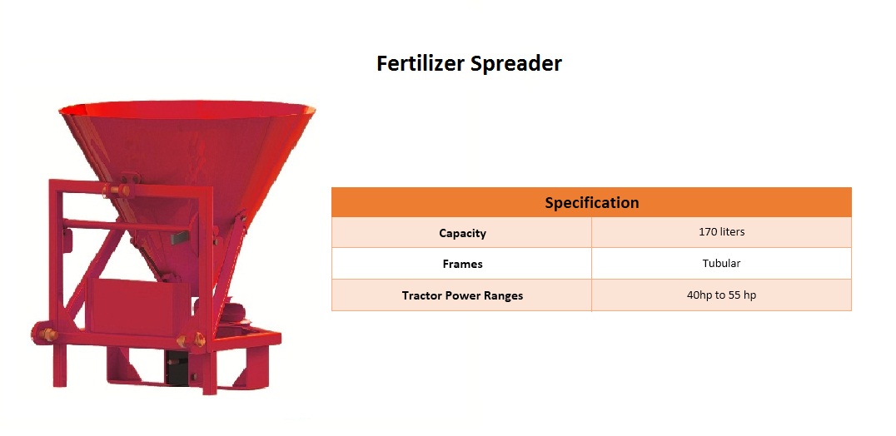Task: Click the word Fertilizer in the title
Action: coord(420,62)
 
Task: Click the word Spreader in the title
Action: coord(516,64)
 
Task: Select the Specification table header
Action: coord(591,202)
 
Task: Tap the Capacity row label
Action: coord(462,233)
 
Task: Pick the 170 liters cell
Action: coord(721,231)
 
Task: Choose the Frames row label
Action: coord(462,264)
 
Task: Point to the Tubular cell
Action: coord(721,263)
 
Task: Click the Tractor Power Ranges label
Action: coord(462,295)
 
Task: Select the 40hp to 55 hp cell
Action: coord(721,295)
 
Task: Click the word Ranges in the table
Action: coord(505,296)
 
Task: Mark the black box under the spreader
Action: coord(177,367)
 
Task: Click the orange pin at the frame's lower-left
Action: coord(47,334)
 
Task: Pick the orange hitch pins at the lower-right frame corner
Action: coord(192,340)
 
